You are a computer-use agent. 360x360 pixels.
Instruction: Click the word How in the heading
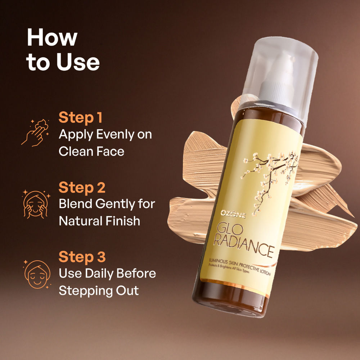pos(52,37)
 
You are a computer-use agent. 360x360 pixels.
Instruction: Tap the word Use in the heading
pos(78,62)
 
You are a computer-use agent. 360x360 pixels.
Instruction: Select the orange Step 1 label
pos(80,118)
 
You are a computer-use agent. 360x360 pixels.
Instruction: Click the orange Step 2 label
pos(82,187)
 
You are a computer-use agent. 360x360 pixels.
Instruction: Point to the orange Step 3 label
pos(82,257)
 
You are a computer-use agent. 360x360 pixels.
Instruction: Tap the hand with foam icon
pos(35,133)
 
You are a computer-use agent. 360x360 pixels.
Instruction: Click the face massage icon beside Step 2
pos(36,204)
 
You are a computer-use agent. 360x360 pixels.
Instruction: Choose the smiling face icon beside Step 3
pos(37,274)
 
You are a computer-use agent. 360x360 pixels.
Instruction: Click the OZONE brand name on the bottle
pos(233,214)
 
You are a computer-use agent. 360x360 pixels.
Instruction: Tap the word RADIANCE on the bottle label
pos(243,246)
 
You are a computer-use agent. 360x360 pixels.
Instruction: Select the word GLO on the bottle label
pos(226,229)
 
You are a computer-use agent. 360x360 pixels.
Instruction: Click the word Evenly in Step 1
pos(115,135)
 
